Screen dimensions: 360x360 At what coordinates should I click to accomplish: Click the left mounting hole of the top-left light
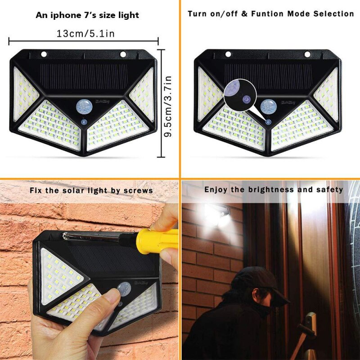(x=44, y=54)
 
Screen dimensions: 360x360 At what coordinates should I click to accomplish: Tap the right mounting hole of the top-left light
(x=122, y=54)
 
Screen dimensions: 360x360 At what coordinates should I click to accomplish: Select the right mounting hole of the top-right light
(x=307, y=54)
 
